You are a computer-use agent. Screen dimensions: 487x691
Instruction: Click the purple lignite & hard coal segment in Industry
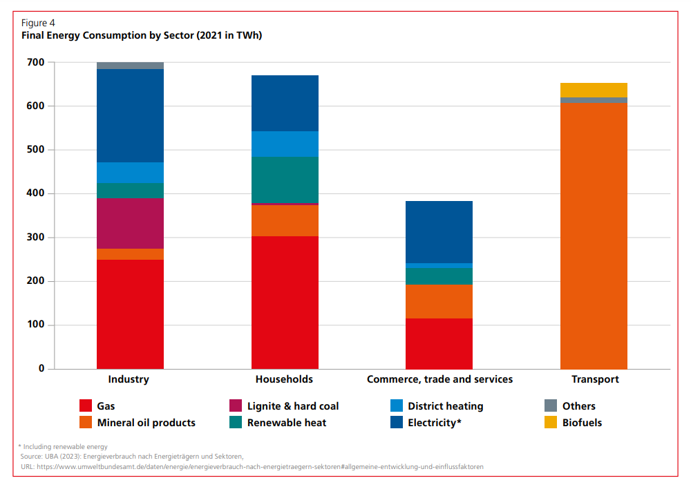[x=130, y=223]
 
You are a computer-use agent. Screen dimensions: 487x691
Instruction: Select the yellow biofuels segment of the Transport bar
[x=594, y=90]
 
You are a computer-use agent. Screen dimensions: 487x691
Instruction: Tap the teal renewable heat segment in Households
[x=285, y=180]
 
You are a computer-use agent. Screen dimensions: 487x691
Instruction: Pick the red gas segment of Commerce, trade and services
[x=439, y=343]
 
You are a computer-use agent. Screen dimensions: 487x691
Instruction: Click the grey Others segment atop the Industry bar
[x=130, y=66]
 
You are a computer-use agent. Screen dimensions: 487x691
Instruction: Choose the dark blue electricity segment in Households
[x=285, y=103]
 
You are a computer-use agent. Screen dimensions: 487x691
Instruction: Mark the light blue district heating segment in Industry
[x=130, y=173]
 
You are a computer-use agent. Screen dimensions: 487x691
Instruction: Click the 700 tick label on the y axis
[x=36, y=62]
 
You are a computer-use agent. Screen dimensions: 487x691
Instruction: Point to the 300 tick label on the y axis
[x=36, y=237]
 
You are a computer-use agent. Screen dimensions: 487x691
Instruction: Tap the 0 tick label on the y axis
[x=41, y=368]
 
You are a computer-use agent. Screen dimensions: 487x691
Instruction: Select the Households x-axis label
[x=284, y=379]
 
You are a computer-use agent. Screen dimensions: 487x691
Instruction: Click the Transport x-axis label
[x=595, y=379]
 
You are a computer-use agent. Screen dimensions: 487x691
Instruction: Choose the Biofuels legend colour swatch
[x=551, y=422]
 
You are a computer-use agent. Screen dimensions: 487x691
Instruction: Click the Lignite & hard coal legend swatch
[x=235, y=406]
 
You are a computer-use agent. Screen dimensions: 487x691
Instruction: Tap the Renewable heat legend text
[x=287, y=422]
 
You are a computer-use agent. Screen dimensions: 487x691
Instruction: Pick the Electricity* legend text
[x=434, y=422]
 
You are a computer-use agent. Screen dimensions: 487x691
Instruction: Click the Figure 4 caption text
[x=38, y=23]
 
